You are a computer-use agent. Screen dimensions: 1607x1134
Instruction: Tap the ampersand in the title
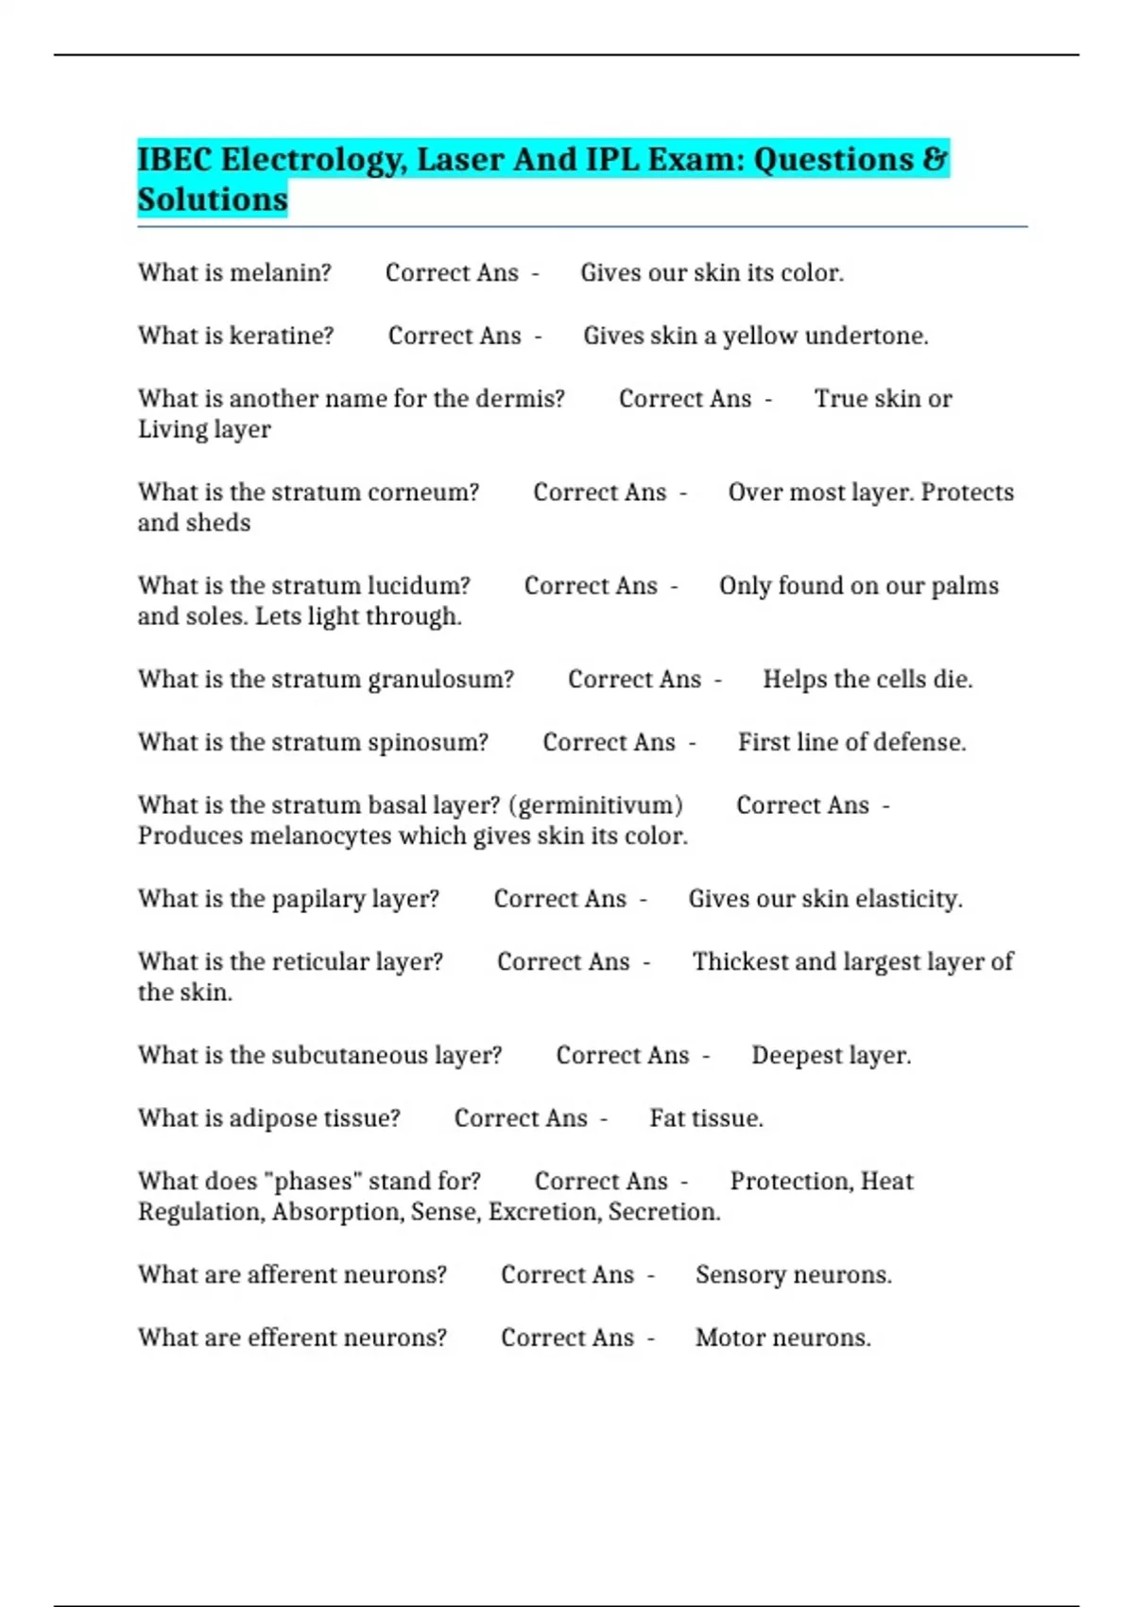point(935,159)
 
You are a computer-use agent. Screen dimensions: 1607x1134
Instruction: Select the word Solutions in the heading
point(213,199)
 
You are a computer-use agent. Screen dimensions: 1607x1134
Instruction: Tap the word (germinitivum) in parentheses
point(595,804)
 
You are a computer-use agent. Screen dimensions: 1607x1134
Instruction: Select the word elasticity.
point(906,898)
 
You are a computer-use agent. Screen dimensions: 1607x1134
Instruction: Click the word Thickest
point(740,961)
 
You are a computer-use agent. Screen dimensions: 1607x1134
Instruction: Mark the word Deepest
point(792,1055)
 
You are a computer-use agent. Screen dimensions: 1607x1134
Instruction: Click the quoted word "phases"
point(317,1181)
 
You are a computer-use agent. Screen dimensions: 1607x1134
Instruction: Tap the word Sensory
point(739,1274)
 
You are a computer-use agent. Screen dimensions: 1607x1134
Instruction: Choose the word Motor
point(725,1338)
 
